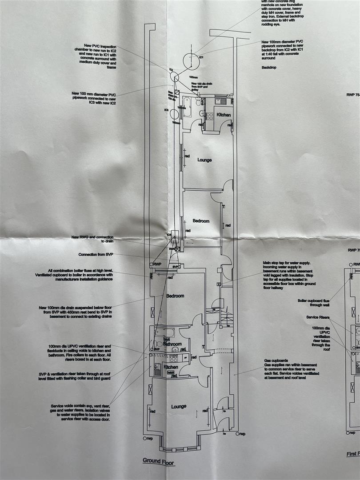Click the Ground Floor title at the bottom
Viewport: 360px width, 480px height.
(158, 461)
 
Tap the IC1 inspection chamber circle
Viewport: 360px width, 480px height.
(191, 59)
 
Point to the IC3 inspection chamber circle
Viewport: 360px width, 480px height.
(174, 114)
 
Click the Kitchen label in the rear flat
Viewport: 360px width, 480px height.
(224, 115)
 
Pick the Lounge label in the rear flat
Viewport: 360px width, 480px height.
(204, 160)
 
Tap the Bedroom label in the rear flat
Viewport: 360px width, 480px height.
(200, 221)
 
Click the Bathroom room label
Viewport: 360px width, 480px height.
(172, 344)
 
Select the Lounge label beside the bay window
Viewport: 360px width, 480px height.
(178, 406)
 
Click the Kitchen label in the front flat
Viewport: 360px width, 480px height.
(171, 368)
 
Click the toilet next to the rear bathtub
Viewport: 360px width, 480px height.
(198, 103)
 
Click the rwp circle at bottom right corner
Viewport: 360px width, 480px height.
(238, 434)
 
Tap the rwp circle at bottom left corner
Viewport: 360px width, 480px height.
(145, 439)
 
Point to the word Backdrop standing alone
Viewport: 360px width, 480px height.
(270, 68)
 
